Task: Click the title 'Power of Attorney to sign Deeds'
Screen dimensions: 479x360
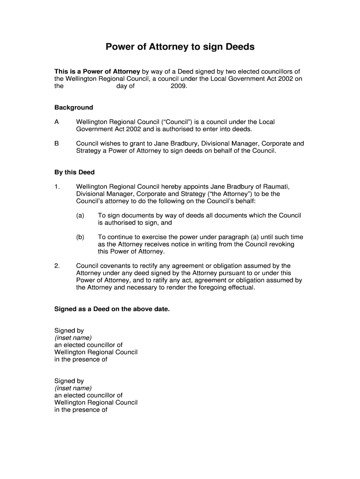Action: pos(180,47)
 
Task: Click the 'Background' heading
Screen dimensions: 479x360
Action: pos(73,108)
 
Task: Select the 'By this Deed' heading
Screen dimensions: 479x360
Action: pos(74,172)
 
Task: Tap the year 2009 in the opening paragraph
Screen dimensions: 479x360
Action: pos(179,86)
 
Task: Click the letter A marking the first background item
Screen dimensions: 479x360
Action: pos(57,122)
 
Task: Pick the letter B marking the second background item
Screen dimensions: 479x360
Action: pos(57,144)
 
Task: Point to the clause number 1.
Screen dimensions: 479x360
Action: pos(57,186)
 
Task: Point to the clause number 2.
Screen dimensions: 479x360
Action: pos(57,266)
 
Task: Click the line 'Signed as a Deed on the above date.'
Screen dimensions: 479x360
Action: pos(112,309)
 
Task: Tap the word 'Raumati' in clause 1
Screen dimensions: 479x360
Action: pos(266,186)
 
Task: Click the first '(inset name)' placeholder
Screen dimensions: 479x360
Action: pos(73,338)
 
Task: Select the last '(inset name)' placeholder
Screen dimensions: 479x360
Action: pos(73,388)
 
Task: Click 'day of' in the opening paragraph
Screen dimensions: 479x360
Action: pos(125,86)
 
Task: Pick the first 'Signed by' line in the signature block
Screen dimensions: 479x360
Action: pos(69,330)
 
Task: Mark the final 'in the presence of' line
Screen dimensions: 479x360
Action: pos(81,410)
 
